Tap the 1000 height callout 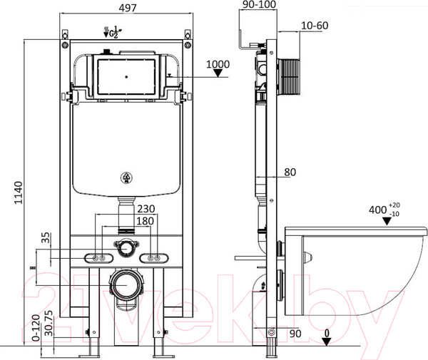[x=218, y=64]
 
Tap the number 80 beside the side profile [x=290, y=173]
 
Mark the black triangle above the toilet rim [x=387, y=221]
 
